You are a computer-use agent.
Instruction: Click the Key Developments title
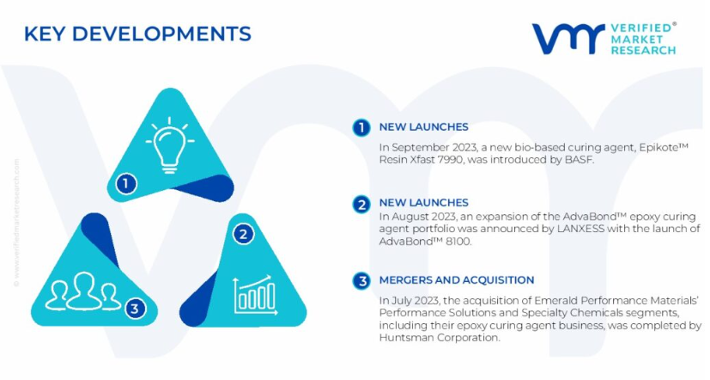pos(137,34)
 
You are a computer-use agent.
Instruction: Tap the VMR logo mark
pos(568,39)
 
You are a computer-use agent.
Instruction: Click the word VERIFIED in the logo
pos(640,28)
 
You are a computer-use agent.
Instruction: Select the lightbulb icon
pos(170,145)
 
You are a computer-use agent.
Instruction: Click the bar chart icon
pos(254,295)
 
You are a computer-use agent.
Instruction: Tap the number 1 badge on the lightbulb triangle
pos(126,184)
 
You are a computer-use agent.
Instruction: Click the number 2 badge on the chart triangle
pos(243,235)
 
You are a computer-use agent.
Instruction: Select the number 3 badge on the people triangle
pos(135,309)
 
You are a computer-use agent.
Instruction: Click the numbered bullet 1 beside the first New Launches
pos(361,127)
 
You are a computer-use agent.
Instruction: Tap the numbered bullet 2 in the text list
pos(361,205)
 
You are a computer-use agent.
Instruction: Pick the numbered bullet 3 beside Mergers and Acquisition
pos(361,280)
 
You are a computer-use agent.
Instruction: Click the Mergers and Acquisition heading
pos(457,279)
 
